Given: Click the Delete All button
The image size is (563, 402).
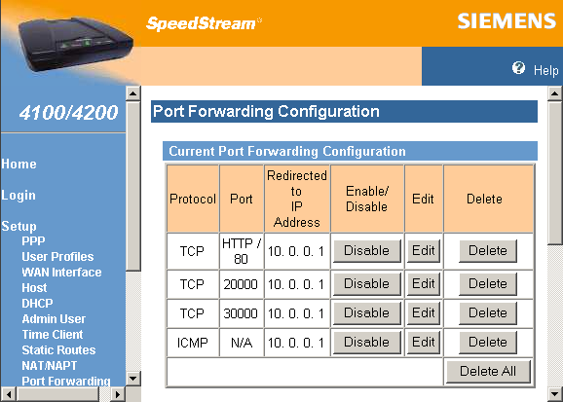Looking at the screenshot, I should [488, 371].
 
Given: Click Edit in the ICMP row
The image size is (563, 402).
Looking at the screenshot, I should [422, 342].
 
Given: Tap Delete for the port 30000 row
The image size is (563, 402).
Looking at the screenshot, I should [488, 312].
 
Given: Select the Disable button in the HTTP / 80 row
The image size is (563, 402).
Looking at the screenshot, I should [366, 250].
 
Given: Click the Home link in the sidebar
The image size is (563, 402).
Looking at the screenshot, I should [19, 164].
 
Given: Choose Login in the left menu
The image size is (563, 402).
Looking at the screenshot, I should [19, 195].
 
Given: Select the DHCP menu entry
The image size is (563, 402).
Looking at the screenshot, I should [38, 303].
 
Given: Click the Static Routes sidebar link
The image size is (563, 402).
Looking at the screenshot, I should [58, 349].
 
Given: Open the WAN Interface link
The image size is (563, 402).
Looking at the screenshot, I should [61, 272].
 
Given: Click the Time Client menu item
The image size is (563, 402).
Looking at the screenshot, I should [54, 334].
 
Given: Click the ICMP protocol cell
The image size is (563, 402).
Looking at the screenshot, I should [192, 342].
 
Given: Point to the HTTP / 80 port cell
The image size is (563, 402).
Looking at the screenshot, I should [242, 251].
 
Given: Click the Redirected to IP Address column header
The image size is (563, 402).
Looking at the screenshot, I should [296, 199].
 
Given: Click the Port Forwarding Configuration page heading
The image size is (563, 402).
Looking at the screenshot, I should [266, 111].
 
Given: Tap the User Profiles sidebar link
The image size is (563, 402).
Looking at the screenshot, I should [57, 256].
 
